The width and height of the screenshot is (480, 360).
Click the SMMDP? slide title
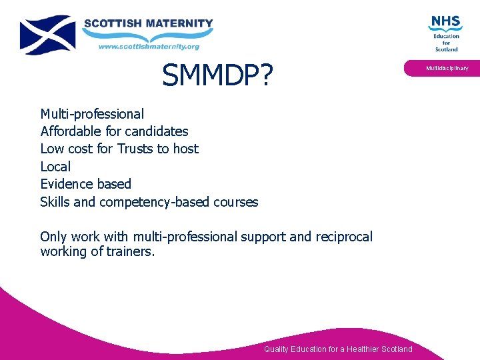(217, 77)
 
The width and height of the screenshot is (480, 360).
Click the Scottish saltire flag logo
(47, 35)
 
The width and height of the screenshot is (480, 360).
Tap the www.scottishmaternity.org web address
(149, 46)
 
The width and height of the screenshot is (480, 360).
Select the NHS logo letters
(445, 22)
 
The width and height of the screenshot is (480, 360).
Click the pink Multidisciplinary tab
(447, 68)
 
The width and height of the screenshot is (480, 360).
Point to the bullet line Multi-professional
(92, 114)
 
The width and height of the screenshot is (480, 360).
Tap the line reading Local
(55, 166)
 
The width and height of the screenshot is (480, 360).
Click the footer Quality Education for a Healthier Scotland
(338, 349)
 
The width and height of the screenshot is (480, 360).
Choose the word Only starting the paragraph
(53, 237)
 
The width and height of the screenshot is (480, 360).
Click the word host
(185, 149)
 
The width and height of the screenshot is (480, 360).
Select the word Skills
(55, 202)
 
